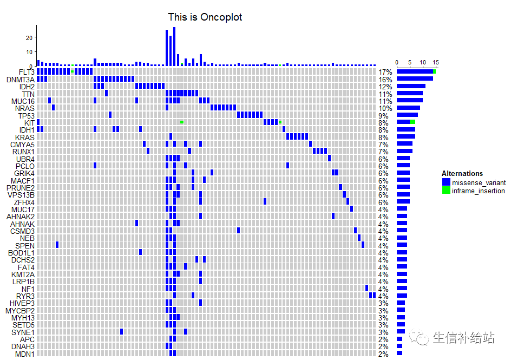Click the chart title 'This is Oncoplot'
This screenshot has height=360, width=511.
(x=205, y=17)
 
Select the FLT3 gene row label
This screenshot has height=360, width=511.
(x=27, y=72)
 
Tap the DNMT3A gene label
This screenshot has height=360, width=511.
(x=21, y=80)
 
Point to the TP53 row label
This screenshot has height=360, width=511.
(x=26, y=116)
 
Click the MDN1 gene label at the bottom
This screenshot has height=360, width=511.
(x=24, y=354)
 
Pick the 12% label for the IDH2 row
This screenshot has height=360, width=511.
(x=385, y=87)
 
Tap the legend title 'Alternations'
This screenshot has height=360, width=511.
(x=462, y=174)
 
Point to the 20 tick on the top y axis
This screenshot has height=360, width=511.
(x=29, y=37)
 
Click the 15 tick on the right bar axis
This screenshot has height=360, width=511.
(x=435, y=62)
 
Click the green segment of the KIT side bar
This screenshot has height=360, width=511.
(x=412, y=122)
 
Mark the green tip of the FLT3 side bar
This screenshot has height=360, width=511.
(x=434, y=71)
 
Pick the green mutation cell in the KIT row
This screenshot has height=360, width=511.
(x=182, y=122)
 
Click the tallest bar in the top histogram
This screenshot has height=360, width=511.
(x=174, y=46)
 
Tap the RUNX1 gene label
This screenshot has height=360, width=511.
(x=23, y=152)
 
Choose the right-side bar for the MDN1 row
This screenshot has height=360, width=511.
(x=399, y=354)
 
